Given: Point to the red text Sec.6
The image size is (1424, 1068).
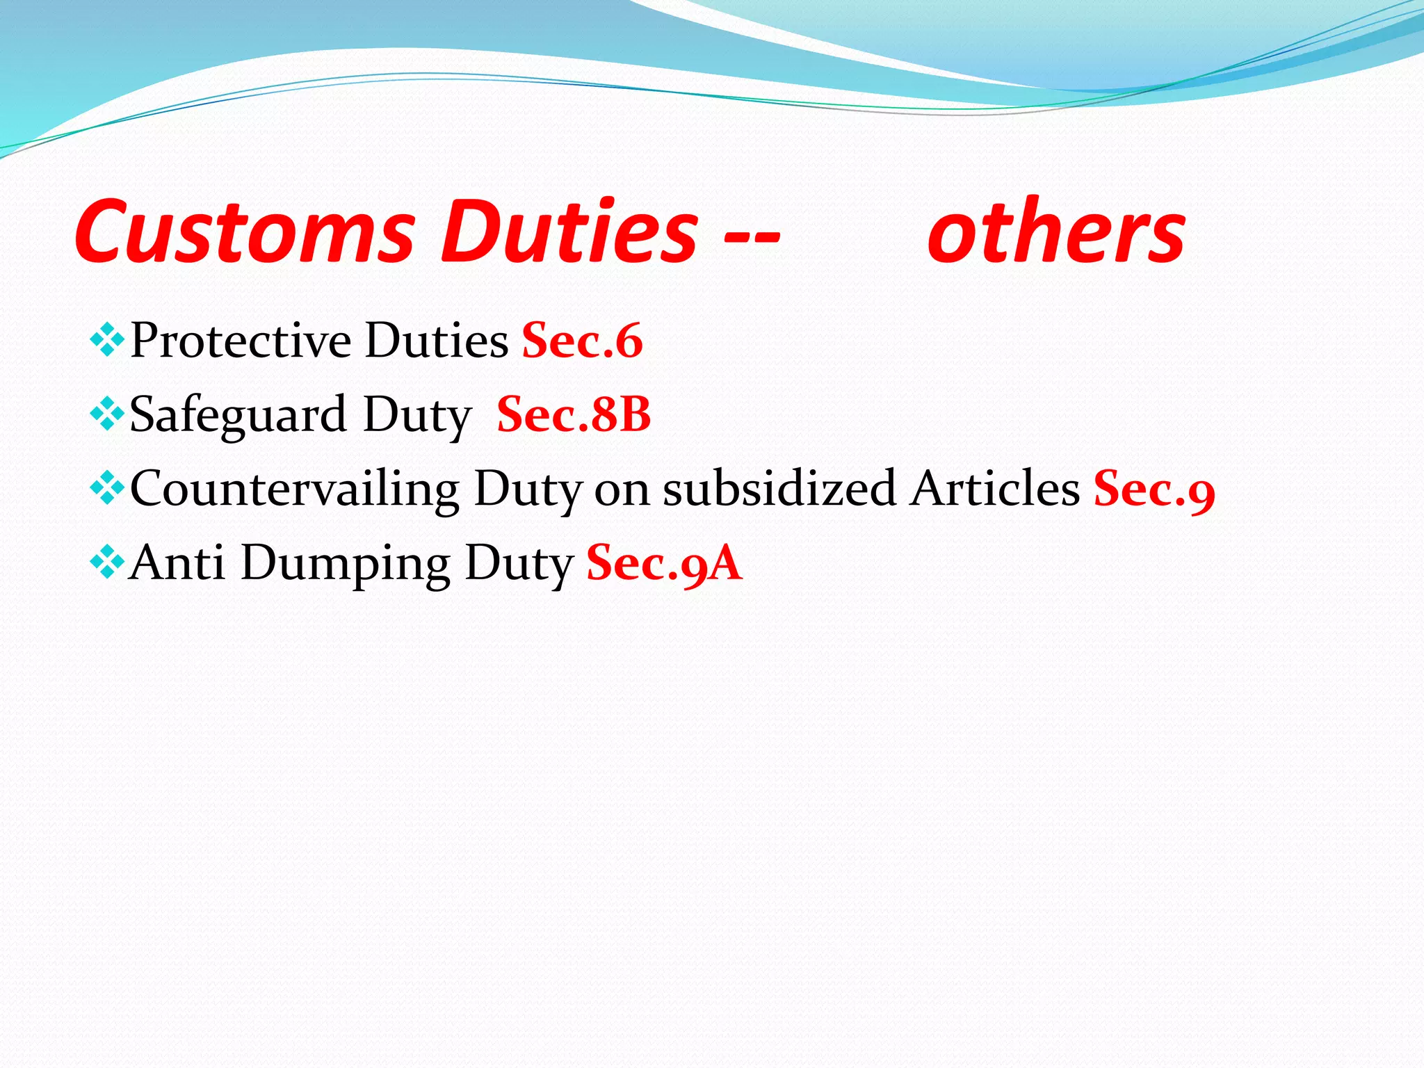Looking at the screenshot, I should click(582, 341).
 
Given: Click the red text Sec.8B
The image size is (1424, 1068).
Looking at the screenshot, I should click(574, 414).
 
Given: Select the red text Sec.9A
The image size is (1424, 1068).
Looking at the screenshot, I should click(664, 563).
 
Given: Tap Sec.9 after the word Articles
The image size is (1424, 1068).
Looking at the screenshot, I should click(1154, 489).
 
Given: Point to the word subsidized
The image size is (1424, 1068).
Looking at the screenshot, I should click(779, 489).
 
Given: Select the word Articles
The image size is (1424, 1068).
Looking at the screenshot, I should click(995, 489).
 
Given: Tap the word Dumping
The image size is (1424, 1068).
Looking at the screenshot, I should click(346, 564).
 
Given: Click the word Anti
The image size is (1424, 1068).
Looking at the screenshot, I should click(177, 563).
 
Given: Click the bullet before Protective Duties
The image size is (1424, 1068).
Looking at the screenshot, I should click(107, 341).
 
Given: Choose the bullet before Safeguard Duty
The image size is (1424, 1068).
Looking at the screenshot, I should click(107, 415).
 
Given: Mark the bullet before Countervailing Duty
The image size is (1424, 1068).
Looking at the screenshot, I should click(107, 489).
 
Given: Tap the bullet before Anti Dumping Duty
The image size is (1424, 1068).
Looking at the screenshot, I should click(107, 563).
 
